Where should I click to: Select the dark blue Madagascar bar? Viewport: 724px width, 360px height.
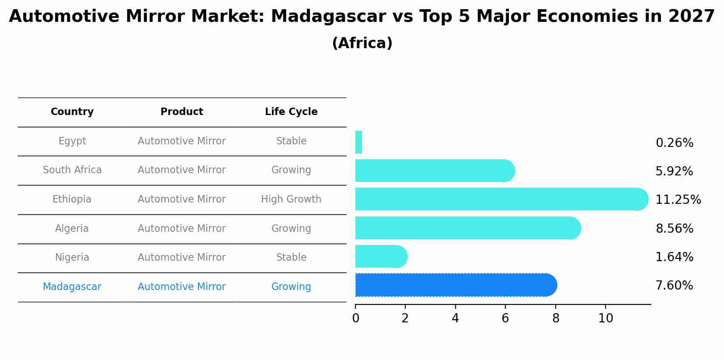point(455,285)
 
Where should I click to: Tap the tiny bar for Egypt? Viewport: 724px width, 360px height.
point(359,142)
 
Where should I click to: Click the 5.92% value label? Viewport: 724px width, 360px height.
point(674,171)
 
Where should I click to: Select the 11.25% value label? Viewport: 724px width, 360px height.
point(678,200)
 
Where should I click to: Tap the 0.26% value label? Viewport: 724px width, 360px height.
point(674,143)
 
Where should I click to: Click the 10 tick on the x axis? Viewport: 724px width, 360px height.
point(606,318)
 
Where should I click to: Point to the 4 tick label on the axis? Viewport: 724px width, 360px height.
point(455,318)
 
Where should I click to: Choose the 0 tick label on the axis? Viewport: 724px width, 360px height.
point(355,318)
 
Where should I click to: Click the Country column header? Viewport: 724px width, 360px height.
point(72,112)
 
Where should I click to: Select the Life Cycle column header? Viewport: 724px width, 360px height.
point(291,112)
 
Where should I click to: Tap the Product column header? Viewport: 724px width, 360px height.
point(181,112)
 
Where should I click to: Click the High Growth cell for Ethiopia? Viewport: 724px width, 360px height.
point(291,199)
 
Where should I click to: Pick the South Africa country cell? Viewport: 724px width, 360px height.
point(72,170)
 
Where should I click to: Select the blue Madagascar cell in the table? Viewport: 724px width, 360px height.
point(72,287)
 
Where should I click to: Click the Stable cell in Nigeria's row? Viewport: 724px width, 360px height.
point(291,258)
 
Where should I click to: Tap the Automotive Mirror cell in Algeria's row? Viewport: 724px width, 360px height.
point(181,229)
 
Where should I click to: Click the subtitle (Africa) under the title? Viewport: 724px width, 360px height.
point(362,43)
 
